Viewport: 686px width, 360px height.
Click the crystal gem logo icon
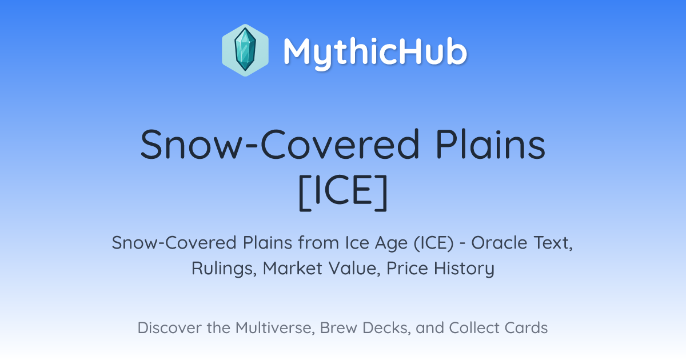click(245, 50)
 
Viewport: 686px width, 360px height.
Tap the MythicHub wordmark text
click(375, 53)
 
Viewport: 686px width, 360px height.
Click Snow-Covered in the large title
click(280, 144)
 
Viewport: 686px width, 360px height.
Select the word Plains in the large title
click(490, 144)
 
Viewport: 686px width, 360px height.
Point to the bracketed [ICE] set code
click(343, 192)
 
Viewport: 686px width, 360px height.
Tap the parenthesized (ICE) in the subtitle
click(434, 243)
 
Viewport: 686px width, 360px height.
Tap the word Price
click(407, 269)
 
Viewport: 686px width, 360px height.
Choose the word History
click(464, 269)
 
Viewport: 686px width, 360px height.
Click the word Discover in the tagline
click(169, 328)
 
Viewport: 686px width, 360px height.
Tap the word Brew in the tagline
click(338, 328)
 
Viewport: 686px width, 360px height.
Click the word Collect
click(474, 328)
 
